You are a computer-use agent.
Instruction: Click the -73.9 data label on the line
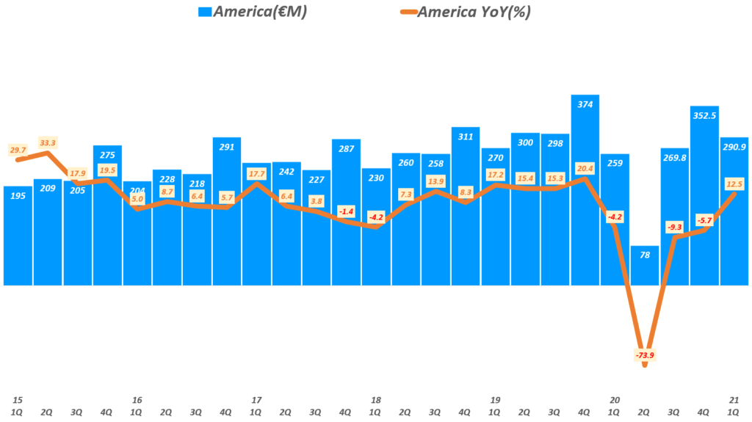tap(644, 356)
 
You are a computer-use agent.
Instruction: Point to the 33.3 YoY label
tap(48, 142)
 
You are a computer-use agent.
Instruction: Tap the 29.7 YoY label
tap(18, 149)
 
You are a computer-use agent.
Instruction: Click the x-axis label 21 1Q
tap(734, 406)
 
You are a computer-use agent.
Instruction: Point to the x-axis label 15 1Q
tap(18, 406)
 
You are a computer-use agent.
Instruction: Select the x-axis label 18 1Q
tap(376, 406)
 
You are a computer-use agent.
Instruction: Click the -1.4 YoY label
tap(346, 211)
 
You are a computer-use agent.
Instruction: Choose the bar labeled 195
tap(18, 235)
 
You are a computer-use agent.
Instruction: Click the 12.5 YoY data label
tap(734, 183)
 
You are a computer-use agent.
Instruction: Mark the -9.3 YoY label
tap(674, 227)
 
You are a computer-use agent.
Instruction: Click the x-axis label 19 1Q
tap(495, 406)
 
